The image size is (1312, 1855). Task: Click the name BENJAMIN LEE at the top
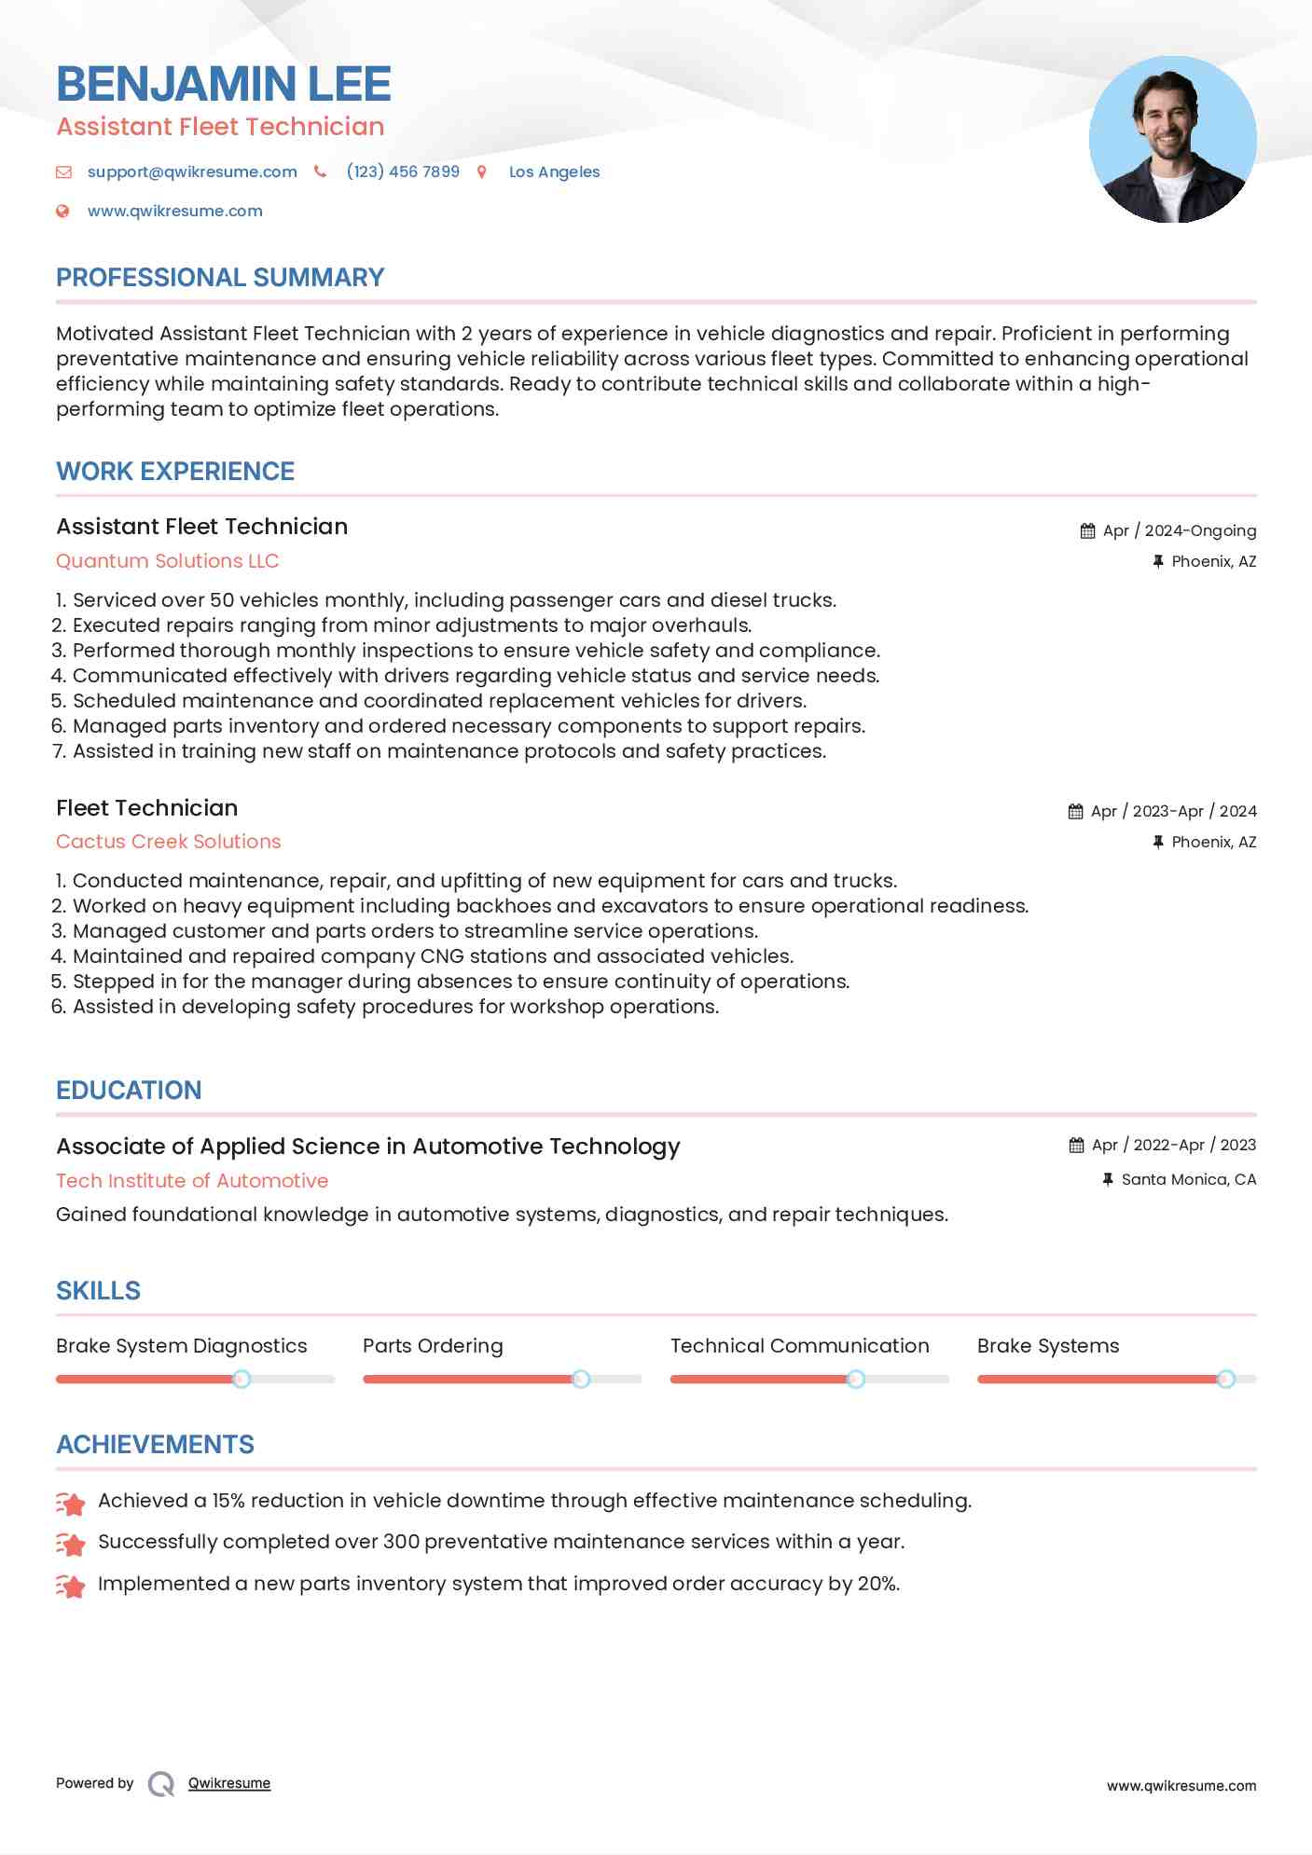[224, 84]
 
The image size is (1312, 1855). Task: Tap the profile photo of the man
[1172, 140]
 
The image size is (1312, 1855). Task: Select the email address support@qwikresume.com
[192, 172]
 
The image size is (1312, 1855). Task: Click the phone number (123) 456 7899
[403, 172]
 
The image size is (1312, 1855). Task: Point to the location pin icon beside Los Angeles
[482, 172]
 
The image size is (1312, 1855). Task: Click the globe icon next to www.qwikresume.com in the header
[62, 211]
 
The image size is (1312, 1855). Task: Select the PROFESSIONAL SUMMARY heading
[220, 278]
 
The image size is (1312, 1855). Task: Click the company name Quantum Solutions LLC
[168, 561]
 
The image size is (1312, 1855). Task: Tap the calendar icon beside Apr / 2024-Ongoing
[1087, 530]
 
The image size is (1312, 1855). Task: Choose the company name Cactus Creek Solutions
[169, 842]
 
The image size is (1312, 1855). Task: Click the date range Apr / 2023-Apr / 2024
[1174, 811]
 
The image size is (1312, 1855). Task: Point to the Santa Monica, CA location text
[1189, 1179]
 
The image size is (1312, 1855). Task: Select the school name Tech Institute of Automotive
[192, 1181]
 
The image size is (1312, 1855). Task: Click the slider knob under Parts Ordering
[581, 1379]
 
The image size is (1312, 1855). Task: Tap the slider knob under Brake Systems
[1226, 1379]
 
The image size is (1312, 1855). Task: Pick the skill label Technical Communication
[800, 1346]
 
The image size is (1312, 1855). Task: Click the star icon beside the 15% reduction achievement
[71, 1502]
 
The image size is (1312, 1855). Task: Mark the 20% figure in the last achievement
[877, 1584]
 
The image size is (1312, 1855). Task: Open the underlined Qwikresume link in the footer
[229, 1783]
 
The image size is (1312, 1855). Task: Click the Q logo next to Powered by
[161, 1783]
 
